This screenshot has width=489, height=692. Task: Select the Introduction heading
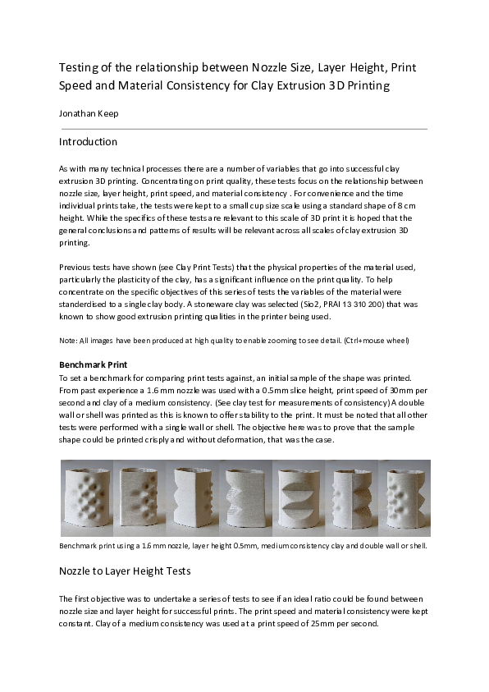coord(88,142)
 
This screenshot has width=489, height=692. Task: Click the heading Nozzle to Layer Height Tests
coord(124,571)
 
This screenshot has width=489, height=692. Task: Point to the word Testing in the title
coord(79,66)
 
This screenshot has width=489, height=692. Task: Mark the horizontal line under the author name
coord(243,129)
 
